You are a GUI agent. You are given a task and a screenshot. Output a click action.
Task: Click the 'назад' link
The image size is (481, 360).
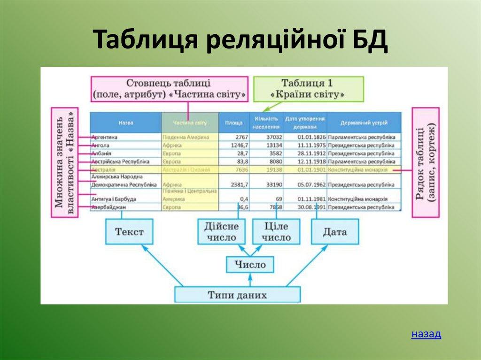click(426, 334)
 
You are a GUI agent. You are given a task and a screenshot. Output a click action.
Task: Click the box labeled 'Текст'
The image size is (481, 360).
click(129, 231)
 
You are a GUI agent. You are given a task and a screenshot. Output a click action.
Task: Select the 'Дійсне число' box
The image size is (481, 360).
click(221, 231)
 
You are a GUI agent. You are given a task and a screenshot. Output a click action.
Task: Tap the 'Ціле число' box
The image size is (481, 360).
click(276, 231)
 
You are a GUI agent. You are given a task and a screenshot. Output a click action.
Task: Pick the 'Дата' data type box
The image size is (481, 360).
click(334, 231)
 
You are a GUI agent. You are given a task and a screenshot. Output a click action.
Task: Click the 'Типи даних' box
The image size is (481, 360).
click(237, 295)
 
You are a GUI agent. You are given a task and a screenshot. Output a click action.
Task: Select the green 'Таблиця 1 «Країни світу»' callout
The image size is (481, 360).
click(308, 88)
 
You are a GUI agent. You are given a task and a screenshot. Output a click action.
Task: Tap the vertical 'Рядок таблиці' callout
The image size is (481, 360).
click(426, 162)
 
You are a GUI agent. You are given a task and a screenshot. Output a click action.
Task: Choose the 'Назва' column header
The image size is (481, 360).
click(125, 123)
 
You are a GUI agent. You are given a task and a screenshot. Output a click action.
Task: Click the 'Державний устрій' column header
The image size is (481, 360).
click(364, 123)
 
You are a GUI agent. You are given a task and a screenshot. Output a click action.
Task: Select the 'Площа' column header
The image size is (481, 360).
click(233, 123)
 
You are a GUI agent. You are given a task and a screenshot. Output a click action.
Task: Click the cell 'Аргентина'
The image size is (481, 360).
click(105, 137)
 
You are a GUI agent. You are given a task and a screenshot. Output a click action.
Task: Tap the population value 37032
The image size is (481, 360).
click(273, 137)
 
